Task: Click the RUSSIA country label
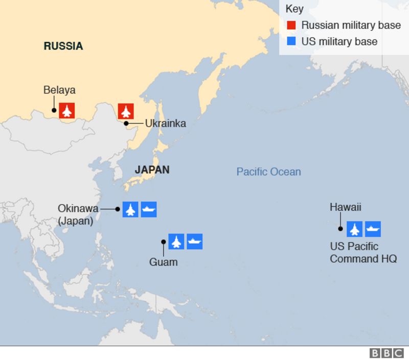[63, 46]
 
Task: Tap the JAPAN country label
[152, 170]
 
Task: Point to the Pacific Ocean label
[268, 172]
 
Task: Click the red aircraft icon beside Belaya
[67, 110]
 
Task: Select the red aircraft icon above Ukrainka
[126, 110]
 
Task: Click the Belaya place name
[59, 90]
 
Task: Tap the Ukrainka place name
[165, 123]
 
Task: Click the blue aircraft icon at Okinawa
[131, 209]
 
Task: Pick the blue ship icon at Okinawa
[149, 209]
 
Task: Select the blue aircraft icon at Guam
[176, 242]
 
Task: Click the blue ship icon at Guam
[195, 242]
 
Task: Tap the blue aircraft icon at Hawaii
[354, 229]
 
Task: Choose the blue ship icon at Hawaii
[373, 229]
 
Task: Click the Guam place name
[163, 262]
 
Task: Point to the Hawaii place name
[346, 207]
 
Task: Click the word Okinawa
[78, 208]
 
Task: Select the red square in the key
[292, 25]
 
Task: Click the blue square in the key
[292, 41]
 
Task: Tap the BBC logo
[387, 353]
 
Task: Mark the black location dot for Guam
[164, 242]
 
